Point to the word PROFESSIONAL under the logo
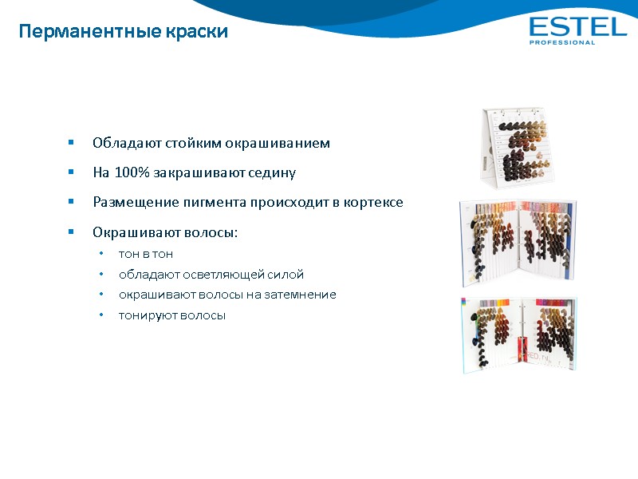click(562, 42)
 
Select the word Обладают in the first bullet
click(127, 144)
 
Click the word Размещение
click(130, 202)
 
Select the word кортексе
click(374, 202)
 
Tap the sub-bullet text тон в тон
click(146, 254)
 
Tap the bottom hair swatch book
click(519, 333)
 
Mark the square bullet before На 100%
click(71, 172)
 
